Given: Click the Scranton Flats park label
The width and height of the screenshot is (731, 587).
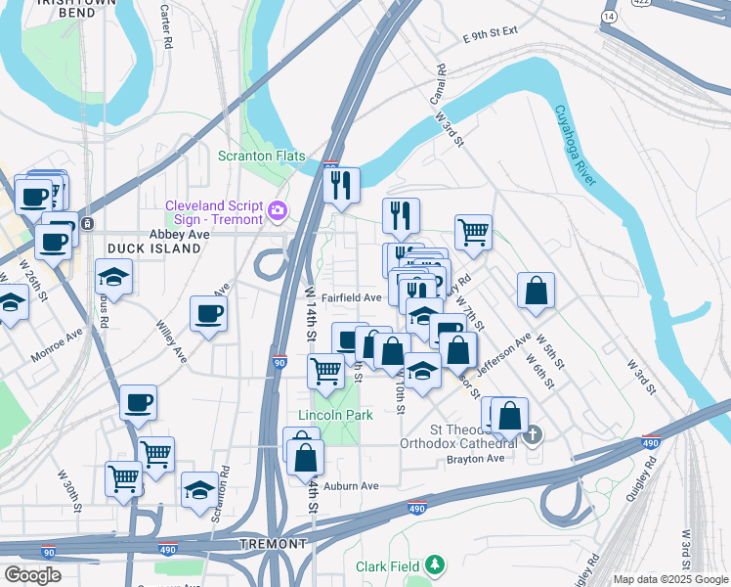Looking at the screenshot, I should coord(261,157).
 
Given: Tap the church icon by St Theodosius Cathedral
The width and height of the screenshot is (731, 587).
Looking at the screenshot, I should coord(533,433).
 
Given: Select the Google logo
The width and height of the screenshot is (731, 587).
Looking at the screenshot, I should coord(32,575).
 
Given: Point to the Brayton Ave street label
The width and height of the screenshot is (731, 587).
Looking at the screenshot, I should coord(475,459).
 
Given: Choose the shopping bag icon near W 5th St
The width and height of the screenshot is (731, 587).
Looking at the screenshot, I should coord(537,291).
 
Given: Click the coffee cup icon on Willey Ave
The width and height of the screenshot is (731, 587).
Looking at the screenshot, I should coord(208,314).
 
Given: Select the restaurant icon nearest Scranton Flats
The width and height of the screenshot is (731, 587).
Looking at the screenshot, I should coord(341,185).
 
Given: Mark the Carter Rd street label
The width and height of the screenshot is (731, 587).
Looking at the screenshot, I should coord(167,30).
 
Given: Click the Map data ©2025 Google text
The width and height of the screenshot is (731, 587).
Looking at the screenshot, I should coord(669,579).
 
